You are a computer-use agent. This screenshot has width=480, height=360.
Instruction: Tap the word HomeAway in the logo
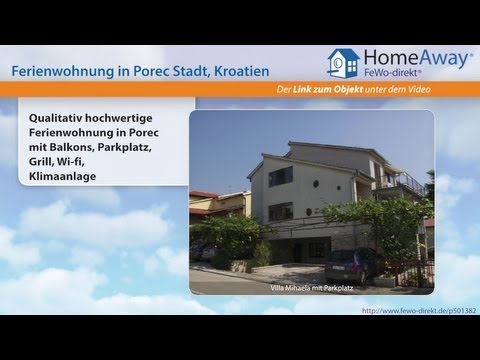(x=412, y=58)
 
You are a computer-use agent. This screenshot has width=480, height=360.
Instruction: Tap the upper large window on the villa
(x=280, y=176)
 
